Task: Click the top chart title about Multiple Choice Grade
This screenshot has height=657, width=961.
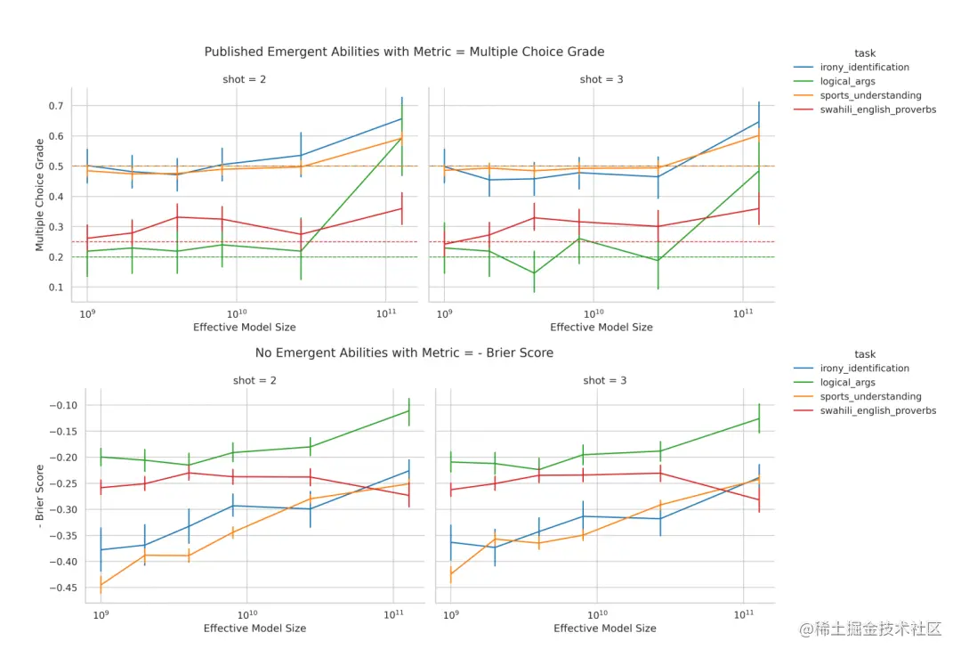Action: (404, 52)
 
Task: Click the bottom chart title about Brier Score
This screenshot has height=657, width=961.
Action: (404, 353)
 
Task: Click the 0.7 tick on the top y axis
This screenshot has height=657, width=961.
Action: (56, 106)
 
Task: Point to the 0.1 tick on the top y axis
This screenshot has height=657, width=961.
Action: (56, 288)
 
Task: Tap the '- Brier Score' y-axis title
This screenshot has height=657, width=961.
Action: (40, 495)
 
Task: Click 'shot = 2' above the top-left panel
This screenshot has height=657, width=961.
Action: (245, 79)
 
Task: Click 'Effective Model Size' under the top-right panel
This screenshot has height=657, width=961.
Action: (601, 328)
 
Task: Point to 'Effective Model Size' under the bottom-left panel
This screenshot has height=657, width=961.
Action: (254, 629)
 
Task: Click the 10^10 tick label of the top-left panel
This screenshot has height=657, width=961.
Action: (236, 313)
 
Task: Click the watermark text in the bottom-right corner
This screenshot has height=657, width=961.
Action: (869, 629)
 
